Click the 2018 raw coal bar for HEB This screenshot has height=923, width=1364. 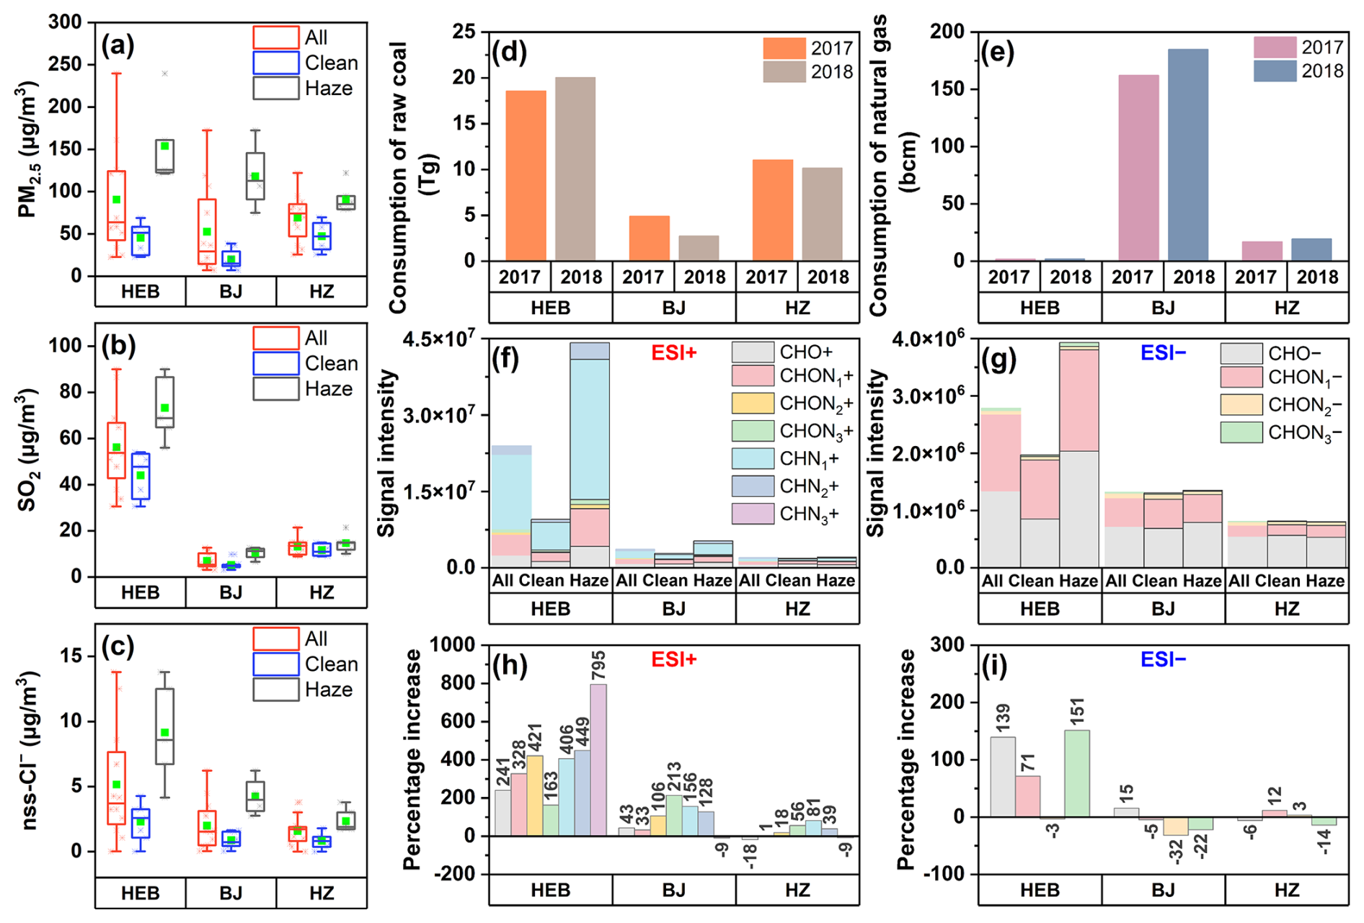click(x=575, y=169)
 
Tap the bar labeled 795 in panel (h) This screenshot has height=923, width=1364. click(x=598, y=759)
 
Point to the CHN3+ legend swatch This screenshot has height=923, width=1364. click(x=753, y=514)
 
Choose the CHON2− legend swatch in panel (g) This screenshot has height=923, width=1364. click(x=1241, y=405)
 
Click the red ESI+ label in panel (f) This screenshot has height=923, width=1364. click(x=673, y=352)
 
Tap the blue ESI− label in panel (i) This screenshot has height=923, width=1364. click(x=1163, y=659)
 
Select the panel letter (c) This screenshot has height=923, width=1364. click(x=118, y=648)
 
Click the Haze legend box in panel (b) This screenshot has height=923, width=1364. click(x=275, y=389)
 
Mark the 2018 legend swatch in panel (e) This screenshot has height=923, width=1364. click(x=1275, y=71)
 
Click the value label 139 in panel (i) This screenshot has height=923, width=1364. click(x=1002, y=718)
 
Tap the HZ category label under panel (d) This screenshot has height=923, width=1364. click(x=797, y=308)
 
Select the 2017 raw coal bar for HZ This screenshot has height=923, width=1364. click(x=772, y=210)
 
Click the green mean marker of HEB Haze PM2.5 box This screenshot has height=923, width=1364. click(x=165, y=146)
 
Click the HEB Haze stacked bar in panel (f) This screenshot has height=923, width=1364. click(x=589, y=455)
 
